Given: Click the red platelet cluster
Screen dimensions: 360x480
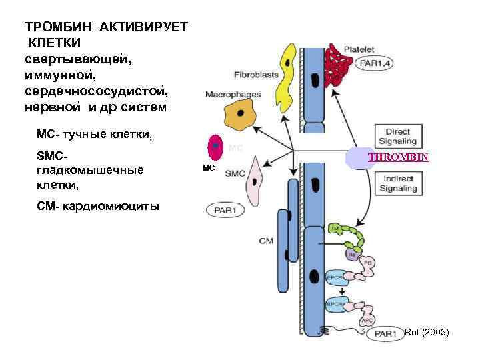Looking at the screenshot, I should click(x=339, y=69).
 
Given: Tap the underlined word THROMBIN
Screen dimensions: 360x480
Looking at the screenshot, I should click(x=397, y=159).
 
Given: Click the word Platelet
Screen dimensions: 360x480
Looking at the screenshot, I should click(x=359, y=49).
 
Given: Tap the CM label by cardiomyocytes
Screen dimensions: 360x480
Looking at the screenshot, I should click(x=266, y=241).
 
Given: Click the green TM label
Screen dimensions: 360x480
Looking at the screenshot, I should click(x=335, y=229).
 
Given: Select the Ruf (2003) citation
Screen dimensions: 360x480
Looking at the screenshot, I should click(x=427, y=331).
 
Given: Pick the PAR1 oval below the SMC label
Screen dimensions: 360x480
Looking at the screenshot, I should click(x=224, y=211).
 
